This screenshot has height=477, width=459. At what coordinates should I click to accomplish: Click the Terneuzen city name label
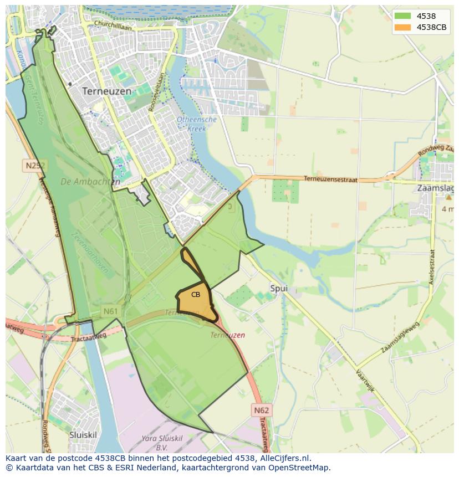[x=107, y=90]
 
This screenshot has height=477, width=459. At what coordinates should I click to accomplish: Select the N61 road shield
[x=110, y=312]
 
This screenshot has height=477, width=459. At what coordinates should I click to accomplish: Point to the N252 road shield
[x=35, y=165]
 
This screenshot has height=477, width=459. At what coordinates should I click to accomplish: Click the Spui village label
[x=279, y=288]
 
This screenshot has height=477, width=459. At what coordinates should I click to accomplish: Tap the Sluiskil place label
[x=83, y=435]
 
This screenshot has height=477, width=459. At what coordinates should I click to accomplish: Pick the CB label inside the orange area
[x=196, y=295]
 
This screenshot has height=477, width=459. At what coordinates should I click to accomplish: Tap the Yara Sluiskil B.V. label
[x=161, y=442]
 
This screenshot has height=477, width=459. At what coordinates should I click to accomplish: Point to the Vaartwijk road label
[x=366, y=381]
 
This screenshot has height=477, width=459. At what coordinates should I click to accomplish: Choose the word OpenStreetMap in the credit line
[x=300, y=468]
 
